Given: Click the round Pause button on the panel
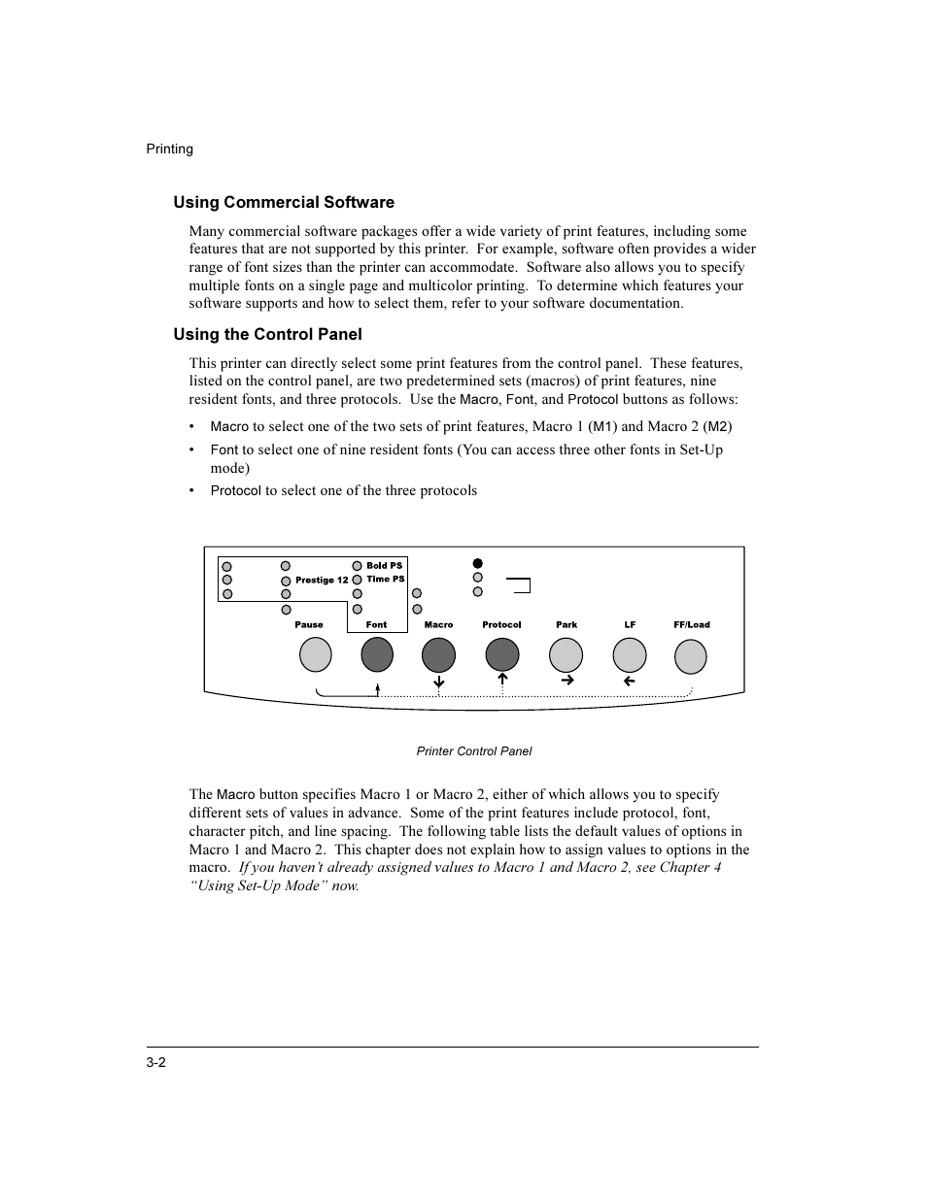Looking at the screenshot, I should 316,656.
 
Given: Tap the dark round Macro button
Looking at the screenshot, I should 438,656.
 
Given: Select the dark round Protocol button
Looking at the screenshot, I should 502,656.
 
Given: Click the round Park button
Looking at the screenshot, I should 566,656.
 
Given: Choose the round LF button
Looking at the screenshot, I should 630,656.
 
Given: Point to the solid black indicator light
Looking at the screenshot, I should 477,563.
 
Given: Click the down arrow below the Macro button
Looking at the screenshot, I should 439,683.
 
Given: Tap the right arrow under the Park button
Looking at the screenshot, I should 567,681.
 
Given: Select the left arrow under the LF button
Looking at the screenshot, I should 629,682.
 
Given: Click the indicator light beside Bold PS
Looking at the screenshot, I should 358,566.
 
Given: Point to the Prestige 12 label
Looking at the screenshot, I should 322,580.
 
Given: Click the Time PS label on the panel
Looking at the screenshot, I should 385,579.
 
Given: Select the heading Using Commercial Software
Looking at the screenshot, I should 284,202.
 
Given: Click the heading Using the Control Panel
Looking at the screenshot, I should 267,334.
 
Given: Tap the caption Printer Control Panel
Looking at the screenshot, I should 473,750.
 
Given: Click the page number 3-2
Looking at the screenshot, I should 156,1062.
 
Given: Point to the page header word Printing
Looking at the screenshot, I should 170,149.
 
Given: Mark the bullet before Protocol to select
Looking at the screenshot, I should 192,491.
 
